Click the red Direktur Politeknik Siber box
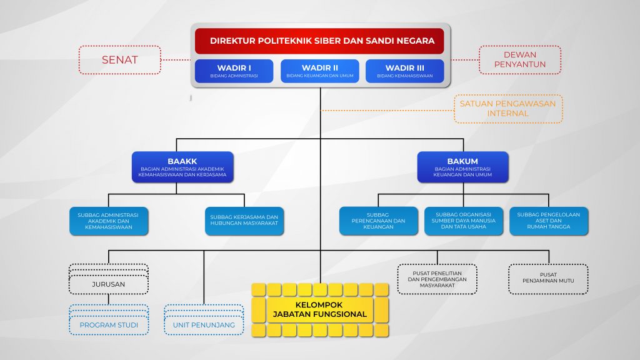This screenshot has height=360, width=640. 320,41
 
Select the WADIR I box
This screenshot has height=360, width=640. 234,71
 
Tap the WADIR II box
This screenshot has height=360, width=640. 320,71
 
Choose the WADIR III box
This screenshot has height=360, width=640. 404,71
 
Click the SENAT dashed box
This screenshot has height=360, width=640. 120,60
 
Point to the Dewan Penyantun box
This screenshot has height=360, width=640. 520,60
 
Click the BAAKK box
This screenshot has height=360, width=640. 182,167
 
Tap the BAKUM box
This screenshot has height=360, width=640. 462,167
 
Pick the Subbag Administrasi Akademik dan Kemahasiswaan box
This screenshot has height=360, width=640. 109,221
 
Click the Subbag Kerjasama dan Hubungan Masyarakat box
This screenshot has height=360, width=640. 244,221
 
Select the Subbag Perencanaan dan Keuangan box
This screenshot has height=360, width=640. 378,221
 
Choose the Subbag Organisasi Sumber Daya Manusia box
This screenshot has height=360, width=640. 463,221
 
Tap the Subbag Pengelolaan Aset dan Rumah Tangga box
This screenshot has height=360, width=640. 548,221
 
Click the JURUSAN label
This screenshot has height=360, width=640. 109,284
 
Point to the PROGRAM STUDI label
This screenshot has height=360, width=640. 109,325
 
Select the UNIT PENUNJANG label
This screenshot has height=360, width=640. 204,325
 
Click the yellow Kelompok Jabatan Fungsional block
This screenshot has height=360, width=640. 320,309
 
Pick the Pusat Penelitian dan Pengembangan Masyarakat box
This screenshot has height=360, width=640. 437,279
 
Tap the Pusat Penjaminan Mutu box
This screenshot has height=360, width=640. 548,279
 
